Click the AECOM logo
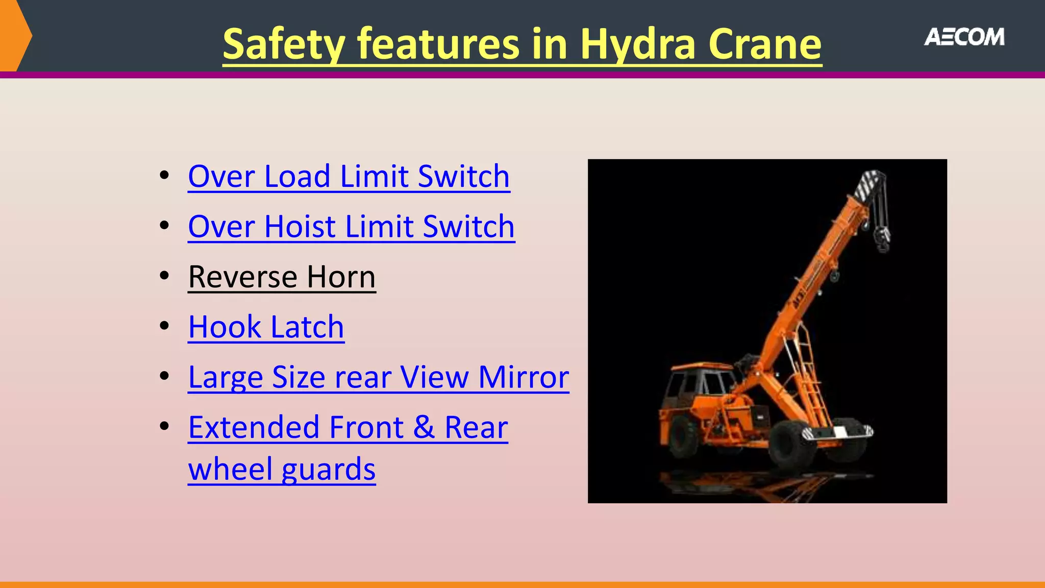click(x=964, y=37)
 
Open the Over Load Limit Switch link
click(x=349, y=177)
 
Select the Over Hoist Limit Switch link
click(x=351, y=227)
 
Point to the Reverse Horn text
click(x=282, y=277)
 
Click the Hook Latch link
click(x=266, y=327)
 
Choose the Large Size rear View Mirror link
click(x=378, y=377)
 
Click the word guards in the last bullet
click(x=328, y=470)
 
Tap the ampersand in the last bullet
click(x=424, y=427)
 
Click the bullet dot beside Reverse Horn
click(x=164, y=276)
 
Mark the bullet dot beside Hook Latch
click(x=164, y=326)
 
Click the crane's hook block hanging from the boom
click(x=882, y=240)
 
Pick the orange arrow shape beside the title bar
click(x=15, y=36)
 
